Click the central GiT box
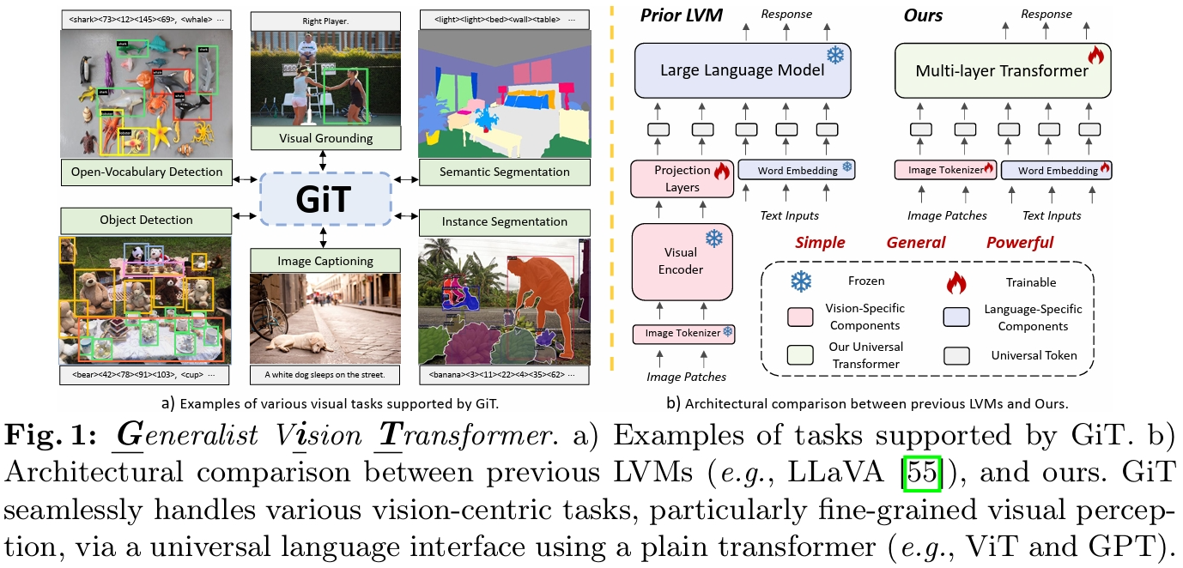325,197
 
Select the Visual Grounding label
325,138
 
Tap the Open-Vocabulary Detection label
147,172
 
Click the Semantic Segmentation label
504,172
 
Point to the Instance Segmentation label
504,221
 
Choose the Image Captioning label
325,261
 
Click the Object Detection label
146,221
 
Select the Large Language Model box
742,70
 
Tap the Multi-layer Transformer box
1002,70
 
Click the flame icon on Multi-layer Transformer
1095,56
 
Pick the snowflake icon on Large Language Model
834,55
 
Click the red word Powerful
1019,242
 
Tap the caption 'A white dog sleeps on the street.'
325,374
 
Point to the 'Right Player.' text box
325,21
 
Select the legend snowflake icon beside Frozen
802,281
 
